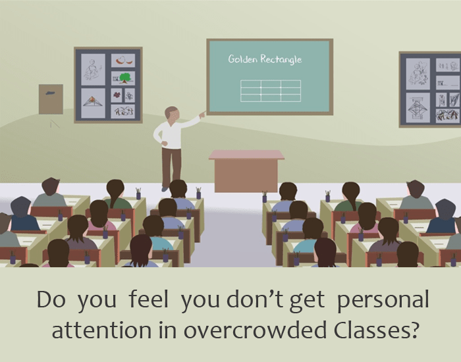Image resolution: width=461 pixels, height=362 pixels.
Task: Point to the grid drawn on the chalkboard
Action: tap(271, 91)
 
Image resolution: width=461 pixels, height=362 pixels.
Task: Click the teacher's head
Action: tap(171, 113)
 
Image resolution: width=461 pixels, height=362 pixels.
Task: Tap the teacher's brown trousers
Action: tap(171, 165)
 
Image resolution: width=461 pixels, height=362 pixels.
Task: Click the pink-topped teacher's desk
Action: tap(246, 170)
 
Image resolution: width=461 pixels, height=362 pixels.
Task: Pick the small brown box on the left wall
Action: tap(51, 99)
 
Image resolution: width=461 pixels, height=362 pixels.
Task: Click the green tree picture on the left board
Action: tap(123, 78)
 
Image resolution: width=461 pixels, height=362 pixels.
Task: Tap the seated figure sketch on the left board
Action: tap(92, 68)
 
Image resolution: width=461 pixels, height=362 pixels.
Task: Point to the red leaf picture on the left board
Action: tap(123, 61)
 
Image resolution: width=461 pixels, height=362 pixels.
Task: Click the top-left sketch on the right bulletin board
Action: tap(418, 72)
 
